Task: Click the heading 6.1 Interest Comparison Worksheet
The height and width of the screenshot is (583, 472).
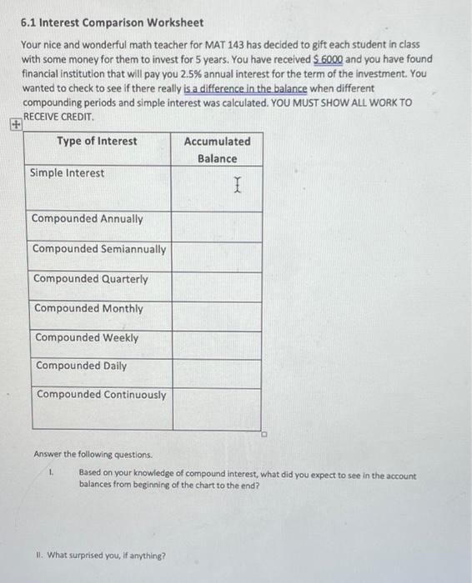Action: tap(112, 22)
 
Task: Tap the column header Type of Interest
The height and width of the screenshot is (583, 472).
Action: tap(97, 141)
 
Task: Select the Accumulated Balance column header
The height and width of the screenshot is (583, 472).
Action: tap(217, 150)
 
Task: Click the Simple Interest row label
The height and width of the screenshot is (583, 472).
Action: tap(68, 173)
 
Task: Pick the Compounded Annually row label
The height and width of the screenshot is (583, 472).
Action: tap(88, 219)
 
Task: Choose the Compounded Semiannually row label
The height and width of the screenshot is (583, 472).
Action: tap(99, 249)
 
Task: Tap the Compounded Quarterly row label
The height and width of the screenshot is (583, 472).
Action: tap(91, 279)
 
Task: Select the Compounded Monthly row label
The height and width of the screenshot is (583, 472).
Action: tap(88, 308)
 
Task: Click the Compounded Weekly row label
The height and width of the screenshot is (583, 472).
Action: tap(87, 337)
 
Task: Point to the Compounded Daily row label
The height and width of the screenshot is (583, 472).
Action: tap(82, 366)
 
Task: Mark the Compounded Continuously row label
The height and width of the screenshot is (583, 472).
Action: tap(101, 395)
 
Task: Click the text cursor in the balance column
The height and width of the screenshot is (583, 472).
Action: tap(238, 184)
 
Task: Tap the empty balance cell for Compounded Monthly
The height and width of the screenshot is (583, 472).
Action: tap(217, 315)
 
